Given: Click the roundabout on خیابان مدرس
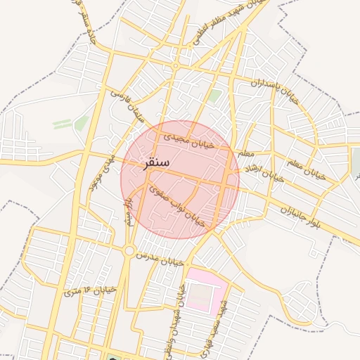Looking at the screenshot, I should (x=129, y=251).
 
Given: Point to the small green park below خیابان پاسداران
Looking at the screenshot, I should (x=214, y=96).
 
